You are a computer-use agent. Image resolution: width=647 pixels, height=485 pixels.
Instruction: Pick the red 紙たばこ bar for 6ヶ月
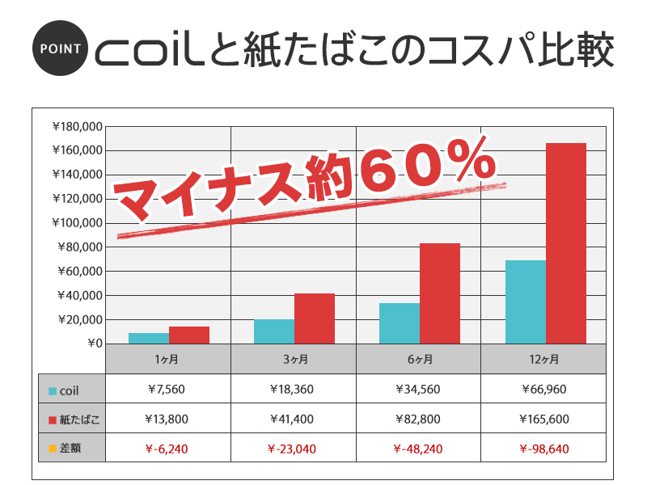click(x=440, y=293)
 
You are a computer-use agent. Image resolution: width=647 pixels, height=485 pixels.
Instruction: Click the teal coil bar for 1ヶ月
click(x=149, y=338)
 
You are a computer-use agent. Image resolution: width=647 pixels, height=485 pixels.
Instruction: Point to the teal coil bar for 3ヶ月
click(x=274, y=331)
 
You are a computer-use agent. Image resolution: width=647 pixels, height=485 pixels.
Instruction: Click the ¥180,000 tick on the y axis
click(x=77, y=126)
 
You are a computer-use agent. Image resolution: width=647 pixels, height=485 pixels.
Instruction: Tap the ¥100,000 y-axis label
click(x=77, y=223)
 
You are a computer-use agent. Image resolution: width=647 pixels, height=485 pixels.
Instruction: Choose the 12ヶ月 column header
click(x=543, y=358)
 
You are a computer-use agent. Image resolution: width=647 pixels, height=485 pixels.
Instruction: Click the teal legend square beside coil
click(x=53, y=390)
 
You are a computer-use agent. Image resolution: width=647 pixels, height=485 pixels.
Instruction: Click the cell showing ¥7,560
click(x=167, y=389)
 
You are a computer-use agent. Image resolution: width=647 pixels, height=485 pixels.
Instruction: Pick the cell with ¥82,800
click(x=418, y=419)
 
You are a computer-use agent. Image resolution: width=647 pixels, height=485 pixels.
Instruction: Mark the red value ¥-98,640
click(x=543, y=447)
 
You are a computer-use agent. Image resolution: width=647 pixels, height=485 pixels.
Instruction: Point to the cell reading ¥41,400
click(x=293, y=419)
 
